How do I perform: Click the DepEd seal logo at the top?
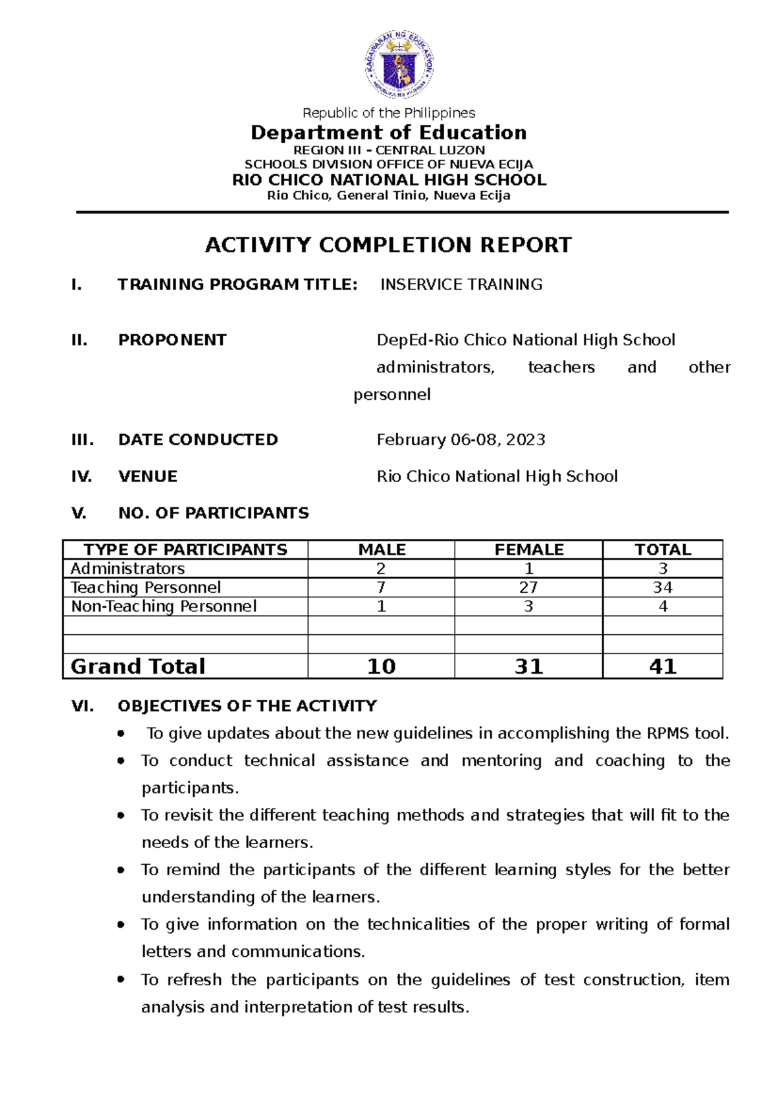tap(398, 64)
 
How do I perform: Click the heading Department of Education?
tap(388, 133)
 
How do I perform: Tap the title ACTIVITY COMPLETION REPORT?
tap(388, 245)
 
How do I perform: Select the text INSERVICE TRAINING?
tap(461, 284)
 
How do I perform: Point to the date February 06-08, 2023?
tap(460, 440)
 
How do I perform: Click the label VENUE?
tap(148, 477)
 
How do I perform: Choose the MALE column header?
tap(382, 550)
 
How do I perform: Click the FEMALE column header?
tap(529, 550)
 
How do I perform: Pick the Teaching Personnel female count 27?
tap(528, 588)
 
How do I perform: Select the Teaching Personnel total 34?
tap(662, 588)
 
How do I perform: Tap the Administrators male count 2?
tap(381, 569)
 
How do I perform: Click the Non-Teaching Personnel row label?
tap(164, 606)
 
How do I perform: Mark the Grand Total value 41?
tap(662, 667)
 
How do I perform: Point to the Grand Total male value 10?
tap(381, 667)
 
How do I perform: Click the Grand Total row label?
tap(138, 667)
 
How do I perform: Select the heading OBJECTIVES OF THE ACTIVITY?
tap(247, 706)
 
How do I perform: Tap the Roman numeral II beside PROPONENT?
tap(80, 341)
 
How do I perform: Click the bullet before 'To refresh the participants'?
tap(121, 980)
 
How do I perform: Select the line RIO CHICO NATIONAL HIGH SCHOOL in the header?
tap(389, 180)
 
